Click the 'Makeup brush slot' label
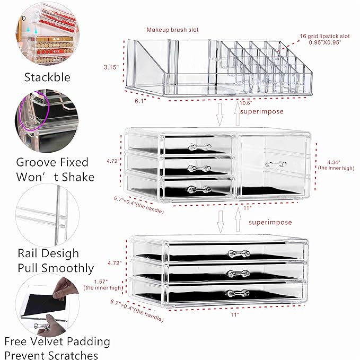point(173,30)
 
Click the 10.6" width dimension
point(245,103)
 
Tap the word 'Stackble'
point(47,77)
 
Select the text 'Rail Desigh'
point(48,253)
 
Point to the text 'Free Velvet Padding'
point(57,341)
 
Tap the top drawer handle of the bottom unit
point(238,253)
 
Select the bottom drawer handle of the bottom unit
point(238,293)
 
